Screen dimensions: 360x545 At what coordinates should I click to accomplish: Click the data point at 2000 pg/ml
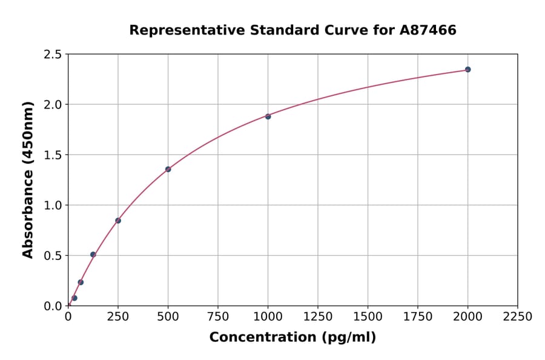point(467,69)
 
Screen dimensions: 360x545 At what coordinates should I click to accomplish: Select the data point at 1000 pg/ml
point(268,116)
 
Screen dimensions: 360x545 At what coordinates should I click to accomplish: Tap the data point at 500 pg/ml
point(168,169)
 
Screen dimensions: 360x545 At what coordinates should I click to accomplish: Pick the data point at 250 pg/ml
point(118,221)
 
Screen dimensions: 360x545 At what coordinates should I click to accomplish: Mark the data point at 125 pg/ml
point(93,255)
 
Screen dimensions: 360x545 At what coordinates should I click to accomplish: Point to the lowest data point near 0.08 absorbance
point(74,298)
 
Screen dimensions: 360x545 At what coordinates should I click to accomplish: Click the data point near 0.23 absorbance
point(81,282)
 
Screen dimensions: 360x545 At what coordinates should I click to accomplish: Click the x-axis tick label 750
point(217,317)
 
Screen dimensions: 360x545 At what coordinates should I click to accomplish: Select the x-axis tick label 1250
point(318,317)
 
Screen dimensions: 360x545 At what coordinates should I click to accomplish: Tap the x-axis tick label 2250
point(518,317)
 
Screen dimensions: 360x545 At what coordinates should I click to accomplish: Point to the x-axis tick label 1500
point(368,317)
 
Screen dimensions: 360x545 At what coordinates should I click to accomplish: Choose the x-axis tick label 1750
point(418,317)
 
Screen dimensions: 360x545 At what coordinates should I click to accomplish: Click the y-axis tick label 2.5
point(53,55)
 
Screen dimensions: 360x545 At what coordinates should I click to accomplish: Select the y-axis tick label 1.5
point(53,155)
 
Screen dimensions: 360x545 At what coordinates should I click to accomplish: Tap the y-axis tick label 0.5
point(53,256)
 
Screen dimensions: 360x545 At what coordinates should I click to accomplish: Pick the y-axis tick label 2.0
point(53,105)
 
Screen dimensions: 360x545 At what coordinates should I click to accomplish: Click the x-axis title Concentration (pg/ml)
point(292,338)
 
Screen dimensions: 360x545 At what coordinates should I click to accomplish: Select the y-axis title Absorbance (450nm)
point(28,179)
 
